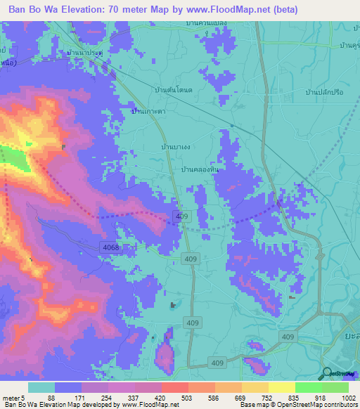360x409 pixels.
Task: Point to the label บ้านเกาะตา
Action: click(x=148, y=111)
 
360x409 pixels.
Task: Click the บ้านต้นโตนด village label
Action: click(x=174, y=90)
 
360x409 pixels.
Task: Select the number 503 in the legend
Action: click(x=188, y=398)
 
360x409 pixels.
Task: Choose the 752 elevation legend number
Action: click(x=268, y=398)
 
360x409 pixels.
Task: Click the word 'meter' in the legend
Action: click(x=12, y=398)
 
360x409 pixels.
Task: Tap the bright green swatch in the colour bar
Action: click(x=309, y=387)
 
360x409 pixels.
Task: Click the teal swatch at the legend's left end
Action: click(x=41, y=387)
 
